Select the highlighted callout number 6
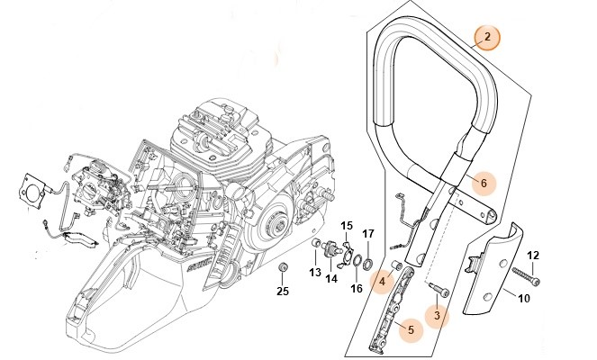tap(483, 183)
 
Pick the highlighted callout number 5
tap(411, 330)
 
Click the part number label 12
tap(532, 255)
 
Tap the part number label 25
tap(282, 291)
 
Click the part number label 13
tap(314, 273)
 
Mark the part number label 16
tap(356, 288)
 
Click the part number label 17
tap(367, 234)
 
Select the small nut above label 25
tap(282, 267)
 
